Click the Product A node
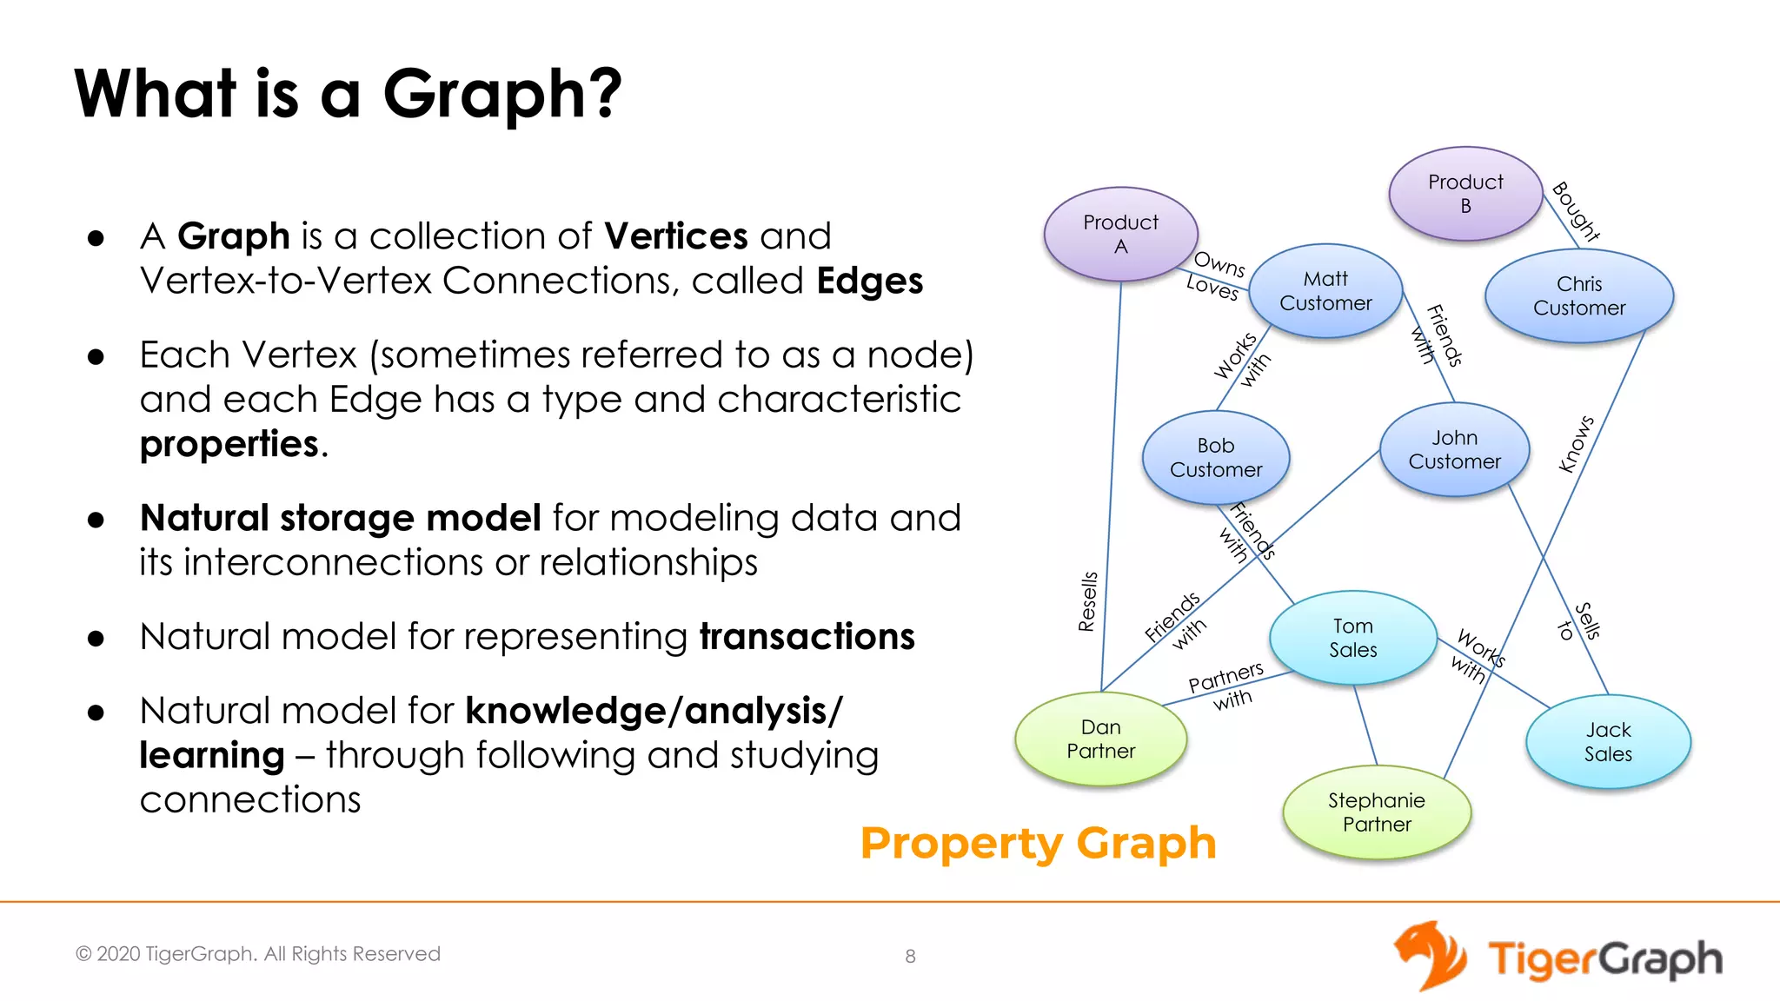[1120, 234]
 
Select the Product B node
[1465, 194]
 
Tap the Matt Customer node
[1325, 291]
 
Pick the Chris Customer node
[1579, 295]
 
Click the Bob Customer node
[1216, 457]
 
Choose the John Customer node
[1454, 449]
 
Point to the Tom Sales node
[1352, 638]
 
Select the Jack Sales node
[1608, 741]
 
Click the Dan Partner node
[1100, 739]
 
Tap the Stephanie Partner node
[1377, 812]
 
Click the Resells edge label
[1087, 601]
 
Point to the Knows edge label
[1576, 444]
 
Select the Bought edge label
[1576, 211]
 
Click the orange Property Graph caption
[1038, 843]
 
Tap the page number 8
[910, 956]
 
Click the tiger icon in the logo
[1431, 955]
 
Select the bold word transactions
[807, 636]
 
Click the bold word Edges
[869, 281]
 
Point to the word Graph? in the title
[502, 94]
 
